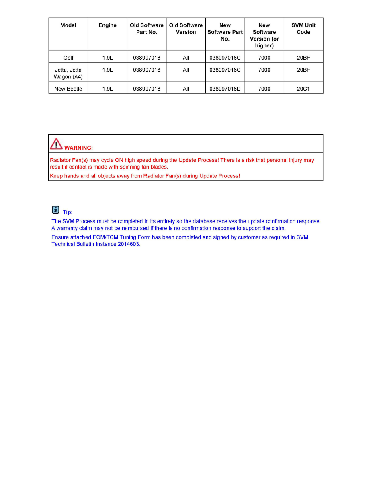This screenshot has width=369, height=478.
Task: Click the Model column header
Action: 68,25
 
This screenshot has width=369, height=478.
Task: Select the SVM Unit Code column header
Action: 303,29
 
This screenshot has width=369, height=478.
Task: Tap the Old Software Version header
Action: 186,29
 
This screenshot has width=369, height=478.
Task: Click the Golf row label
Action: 68,58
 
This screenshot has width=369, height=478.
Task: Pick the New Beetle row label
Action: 68,89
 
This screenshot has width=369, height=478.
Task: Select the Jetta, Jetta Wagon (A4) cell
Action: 68,73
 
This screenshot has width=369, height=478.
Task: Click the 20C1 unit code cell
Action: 303,89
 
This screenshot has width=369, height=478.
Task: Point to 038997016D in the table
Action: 225,89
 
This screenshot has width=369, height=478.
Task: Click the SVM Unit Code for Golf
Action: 303,58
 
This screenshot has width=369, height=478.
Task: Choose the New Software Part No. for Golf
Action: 225,58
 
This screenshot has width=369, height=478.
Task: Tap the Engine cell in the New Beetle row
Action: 107,89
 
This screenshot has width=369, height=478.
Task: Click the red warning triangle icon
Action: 56,144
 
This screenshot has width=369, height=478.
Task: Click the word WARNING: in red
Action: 78,148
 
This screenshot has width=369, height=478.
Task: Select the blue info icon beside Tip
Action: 55,210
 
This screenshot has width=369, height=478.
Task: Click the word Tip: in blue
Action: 68,212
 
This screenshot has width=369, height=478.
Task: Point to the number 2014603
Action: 129,244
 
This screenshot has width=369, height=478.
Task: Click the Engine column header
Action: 107,25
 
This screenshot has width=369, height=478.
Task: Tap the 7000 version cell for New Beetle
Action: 264,89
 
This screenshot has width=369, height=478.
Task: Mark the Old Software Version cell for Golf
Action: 186,58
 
